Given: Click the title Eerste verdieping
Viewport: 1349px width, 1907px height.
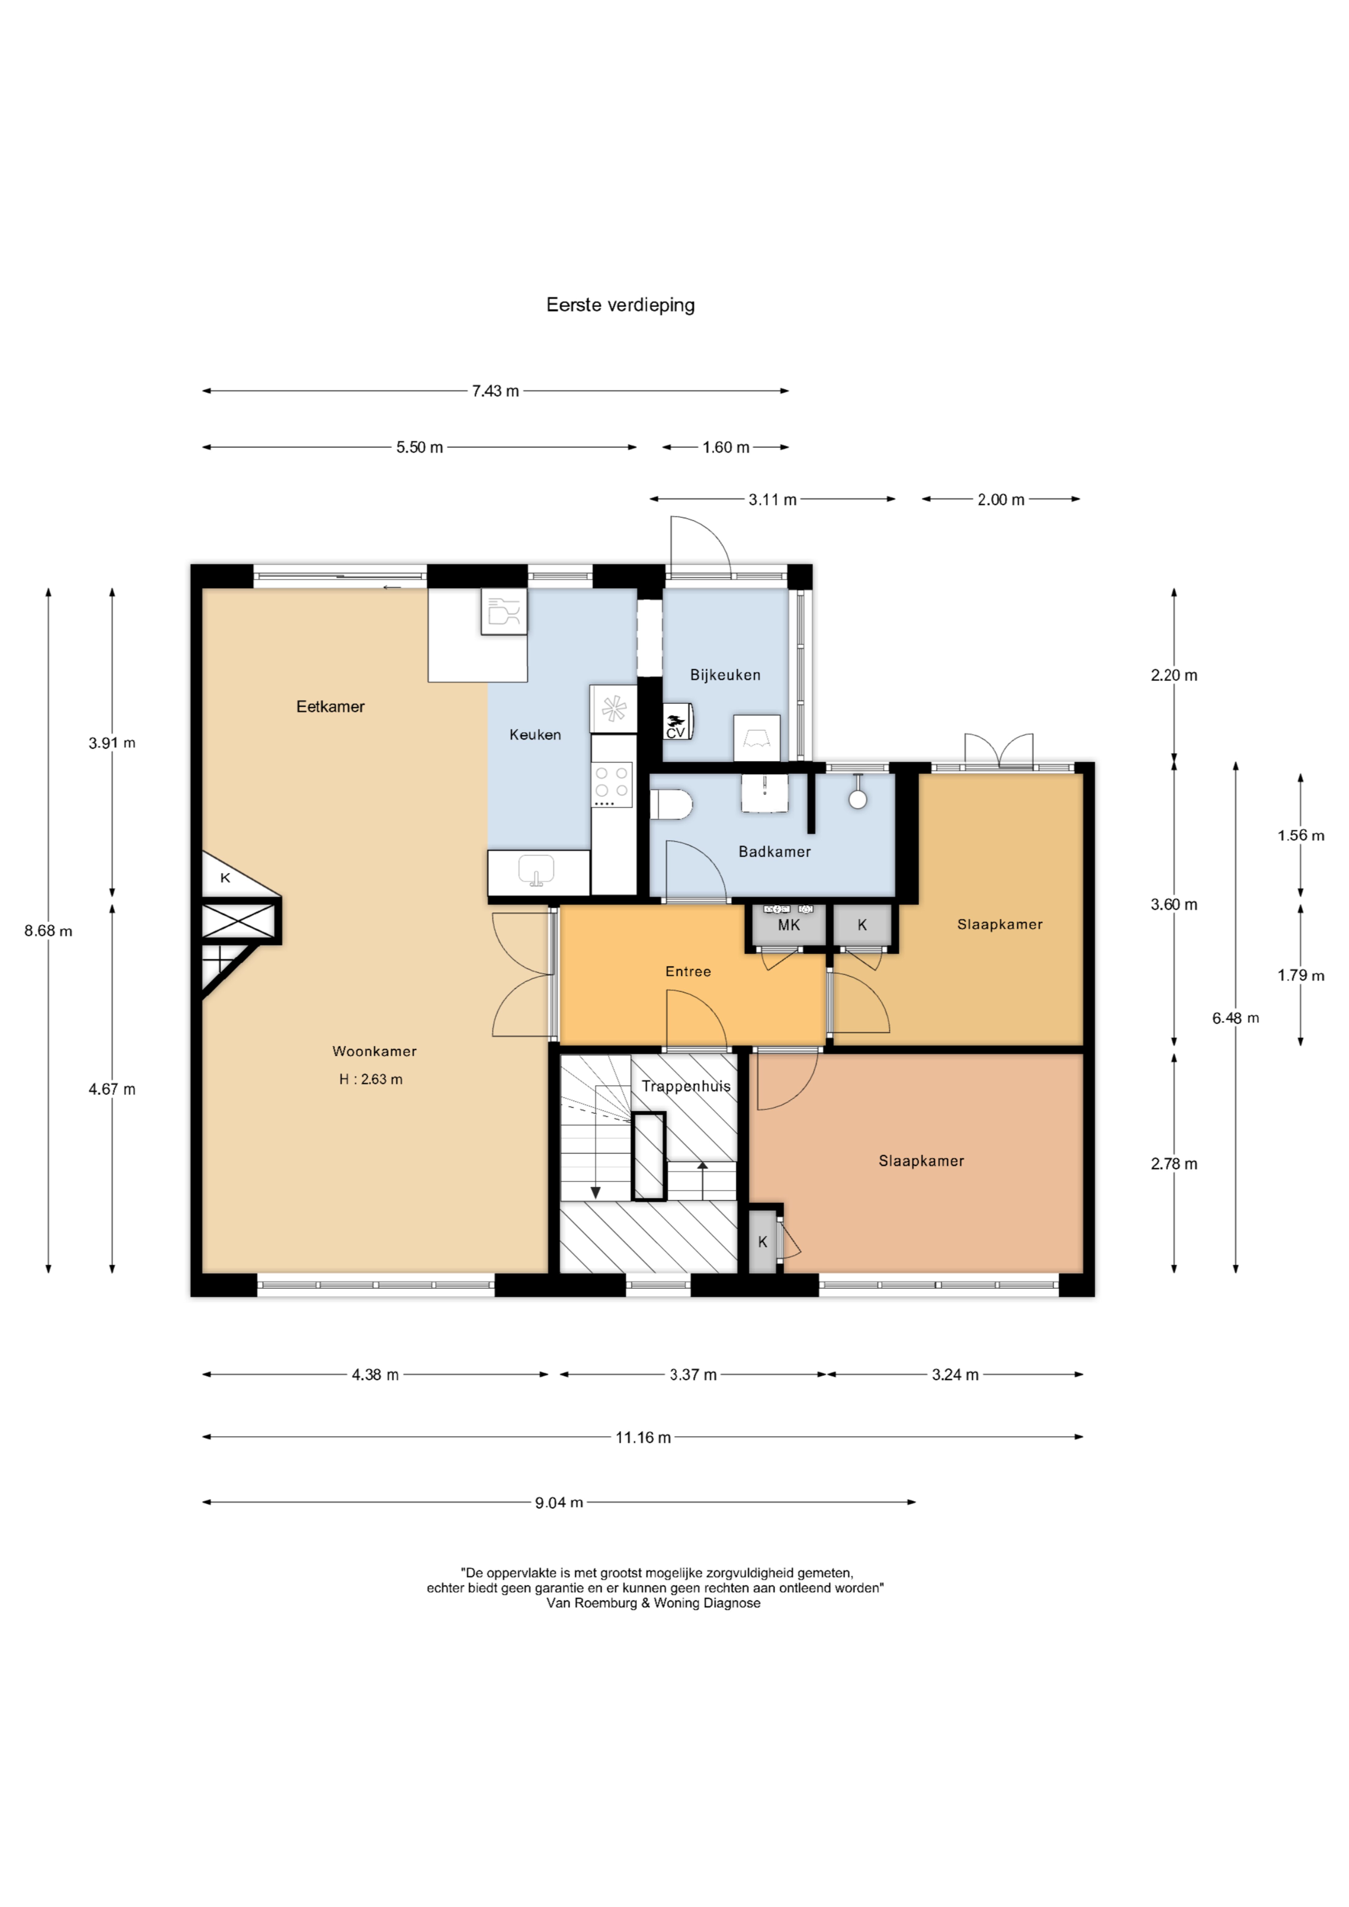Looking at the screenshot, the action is (621, 305).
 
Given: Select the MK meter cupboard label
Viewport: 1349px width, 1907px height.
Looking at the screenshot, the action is (789, 924).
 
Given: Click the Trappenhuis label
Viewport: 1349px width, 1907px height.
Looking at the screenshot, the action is (686, 1085).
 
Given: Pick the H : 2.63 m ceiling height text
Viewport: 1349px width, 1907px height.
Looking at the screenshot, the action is (370, 1079).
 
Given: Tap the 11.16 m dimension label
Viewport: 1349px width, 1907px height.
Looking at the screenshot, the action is (643, 1437).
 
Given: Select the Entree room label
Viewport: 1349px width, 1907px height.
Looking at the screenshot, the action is (688, 971).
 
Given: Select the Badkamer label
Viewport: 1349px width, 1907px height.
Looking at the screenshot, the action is (774, 851).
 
